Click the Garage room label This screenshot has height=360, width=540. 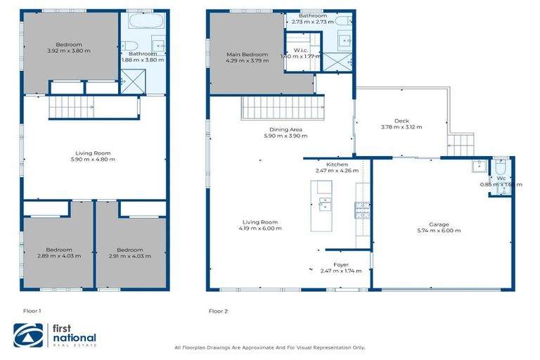[439, 225]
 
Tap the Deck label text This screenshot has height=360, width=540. [401, 121]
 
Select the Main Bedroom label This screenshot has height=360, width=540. [246, 54]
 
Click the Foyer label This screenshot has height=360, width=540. [341, 265]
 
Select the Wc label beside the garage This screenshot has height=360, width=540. [501, 179]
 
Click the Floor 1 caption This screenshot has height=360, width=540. [32, 310]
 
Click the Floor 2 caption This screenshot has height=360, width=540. [218, 310]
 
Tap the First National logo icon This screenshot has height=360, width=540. [29, 335]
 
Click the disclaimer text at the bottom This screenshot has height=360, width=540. [269, 347]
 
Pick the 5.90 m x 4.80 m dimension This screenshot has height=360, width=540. [94, 160]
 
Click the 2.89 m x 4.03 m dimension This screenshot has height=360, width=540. [59, 256]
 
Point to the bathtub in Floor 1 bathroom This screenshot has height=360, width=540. [146, 20]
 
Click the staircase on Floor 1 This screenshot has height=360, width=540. [70, 108]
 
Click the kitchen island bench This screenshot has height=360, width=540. [323, 205]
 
